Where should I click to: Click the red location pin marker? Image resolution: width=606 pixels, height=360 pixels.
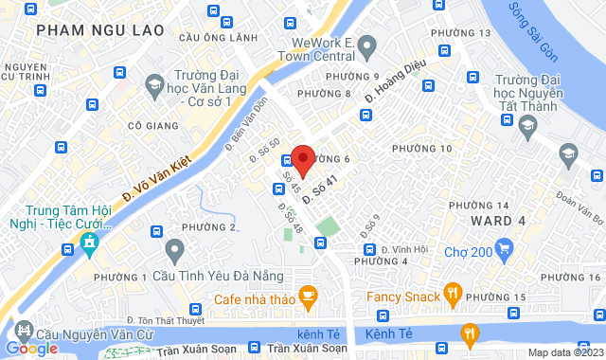pyautogui.click(x=302, y=159)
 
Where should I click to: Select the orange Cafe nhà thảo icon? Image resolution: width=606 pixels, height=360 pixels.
pyautogui.click(x=308, y=297)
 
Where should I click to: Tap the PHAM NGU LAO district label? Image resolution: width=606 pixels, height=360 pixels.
pyautogui.click(x=88, y=31)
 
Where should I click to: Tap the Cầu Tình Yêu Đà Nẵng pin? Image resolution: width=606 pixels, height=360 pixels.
pyautogui.click(x=173, y=251)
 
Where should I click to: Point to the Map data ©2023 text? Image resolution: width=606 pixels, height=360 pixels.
pyautogui.click(x=565, y=352)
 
